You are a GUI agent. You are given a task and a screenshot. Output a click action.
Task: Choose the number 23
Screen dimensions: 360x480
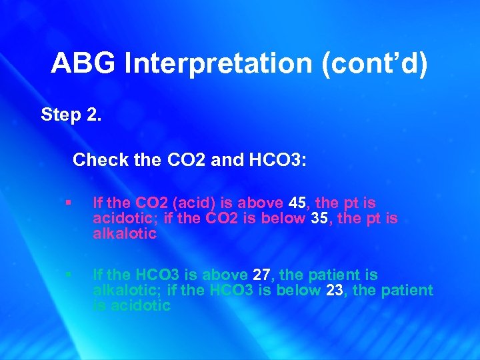tap(335, 290)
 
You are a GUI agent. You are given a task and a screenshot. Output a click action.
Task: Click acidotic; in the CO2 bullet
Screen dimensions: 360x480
tap(121, 218)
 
